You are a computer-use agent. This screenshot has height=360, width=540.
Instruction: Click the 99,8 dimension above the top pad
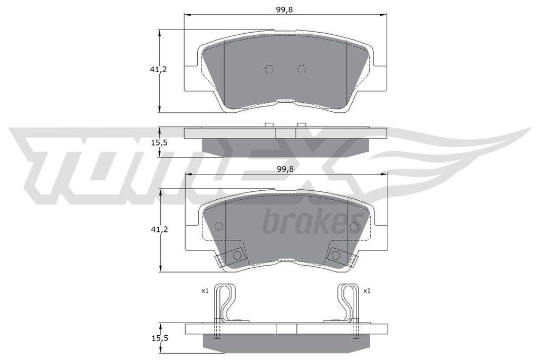[x=284, y=9]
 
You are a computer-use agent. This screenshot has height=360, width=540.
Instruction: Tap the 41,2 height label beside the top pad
[x=158, y=69]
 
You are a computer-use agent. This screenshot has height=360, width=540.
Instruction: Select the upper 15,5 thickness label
[x=159, y=142]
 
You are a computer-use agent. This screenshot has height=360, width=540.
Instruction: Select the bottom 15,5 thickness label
[x=160, y=338]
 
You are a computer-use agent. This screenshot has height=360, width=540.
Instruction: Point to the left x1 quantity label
[x=205, y=291]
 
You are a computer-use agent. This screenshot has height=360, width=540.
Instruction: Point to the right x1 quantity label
[x=367, y=291]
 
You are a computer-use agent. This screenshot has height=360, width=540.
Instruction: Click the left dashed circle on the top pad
[x=269, y=69]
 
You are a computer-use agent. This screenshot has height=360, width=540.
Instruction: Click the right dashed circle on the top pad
[x=302, y=69]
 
